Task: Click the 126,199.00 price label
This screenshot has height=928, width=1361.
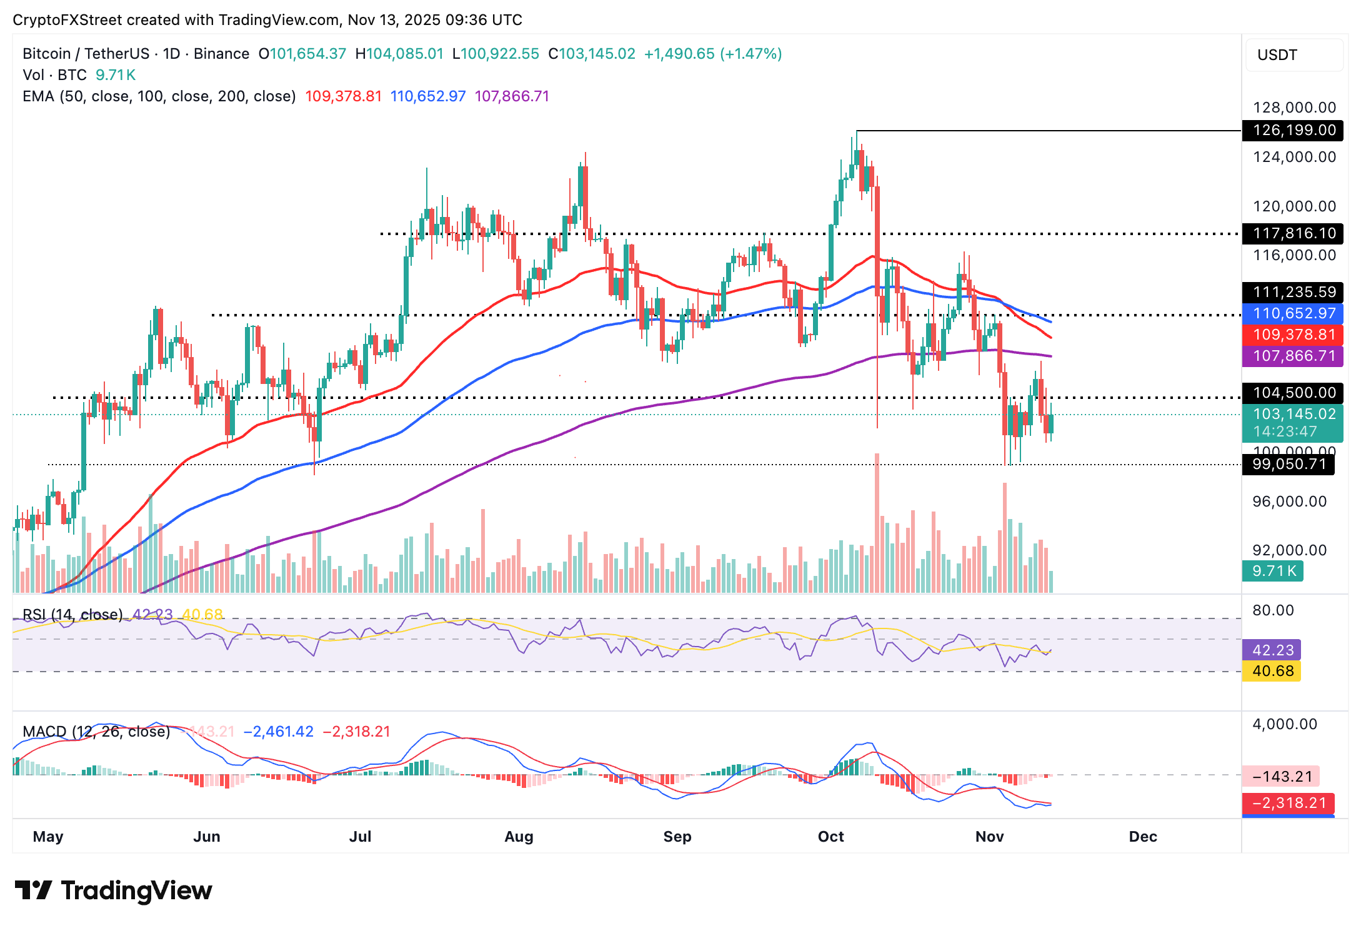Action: [1292, 130]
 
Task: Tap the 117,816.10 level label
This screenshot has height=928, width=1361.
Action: [1292, 233]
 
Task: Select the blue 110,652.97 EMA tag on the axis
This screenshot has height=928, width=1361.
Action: [1292, 313]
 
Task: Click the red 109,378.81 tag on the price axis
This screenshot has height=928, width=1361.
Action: [1292, 335]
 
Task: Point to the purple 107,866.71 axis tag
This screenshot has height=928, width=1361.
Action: [1292, 356]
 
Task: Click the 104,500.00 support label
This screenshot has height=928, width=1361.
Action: [1292, 393]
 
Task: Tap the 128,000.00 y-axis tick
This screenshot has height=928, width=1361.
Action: [1294, 108]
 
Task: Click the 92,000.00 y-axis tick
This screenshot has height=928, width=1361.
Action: [1289, 550]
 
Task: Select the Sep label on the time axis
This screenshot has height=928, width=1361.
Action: [677, 837]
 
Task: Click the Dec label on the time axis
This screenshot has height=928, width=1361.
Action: [1143, 837]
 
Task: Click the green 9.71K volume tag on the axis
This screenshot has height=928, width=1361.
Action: [1272, 571]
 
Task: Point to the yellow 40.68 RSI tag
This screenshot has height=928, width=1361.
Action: [1272, 671]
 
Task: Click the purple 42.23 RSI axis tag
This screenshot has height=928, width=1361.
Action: [1272, 650]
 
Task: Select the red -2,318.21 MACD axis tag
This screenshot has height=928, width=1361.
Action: [1287, 803]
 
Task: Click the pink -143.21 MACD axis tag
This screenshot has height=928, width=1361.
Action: [1280, 777]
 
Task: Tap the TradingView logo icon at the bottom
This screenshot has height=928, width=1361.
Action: [33, 890]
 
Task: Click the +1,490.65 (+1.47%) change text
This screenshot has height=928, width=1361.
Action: [713, 54]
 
